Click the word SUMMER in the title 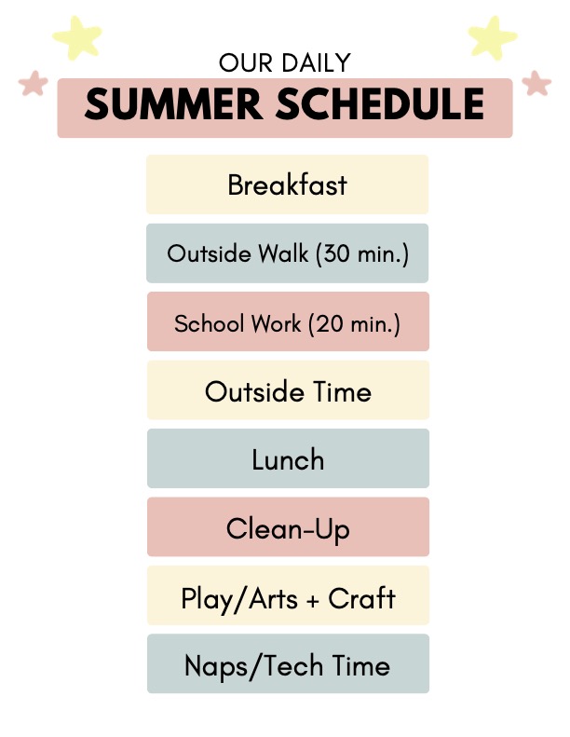(173, 103)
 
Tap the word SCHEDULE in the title (380, 103)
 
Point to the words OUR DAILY (285, 62)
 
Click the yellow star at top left (77, 37)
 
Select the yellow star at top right (492, 37)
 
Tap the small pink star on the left (34, 83)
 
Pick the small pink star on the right (536, 83)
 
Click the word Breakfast (287, 184)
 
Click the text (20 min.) (354, 324)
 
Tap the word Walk (284, 253)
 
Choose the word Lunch (288, 459)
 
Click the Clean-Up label (288, 530)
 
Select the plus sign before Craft (313, 600)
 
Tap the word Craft (361, 598)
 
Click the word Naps (215, 667)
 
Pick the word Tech (293, 666)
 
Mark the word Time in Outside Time (343, 391)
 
